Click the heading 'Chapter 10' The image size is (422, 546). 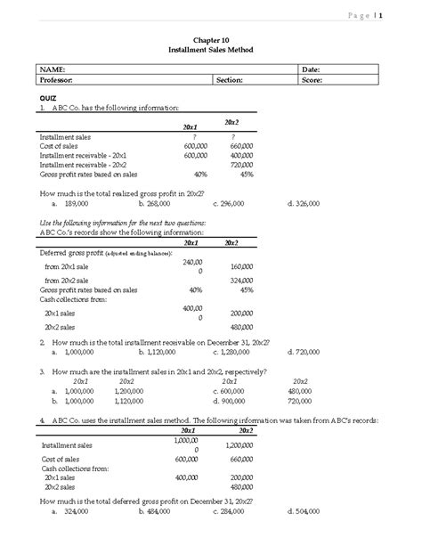click(x=211, y=39)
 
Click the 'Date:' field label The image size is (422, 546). click(x=312, y=69)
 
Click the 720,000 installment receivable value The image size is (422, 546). click(x=241, y=165)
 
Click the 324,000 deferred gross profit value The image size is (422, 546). click(x=241, y=280)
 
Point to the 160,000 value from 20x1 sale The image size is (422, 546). click(x=241, y=265)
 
